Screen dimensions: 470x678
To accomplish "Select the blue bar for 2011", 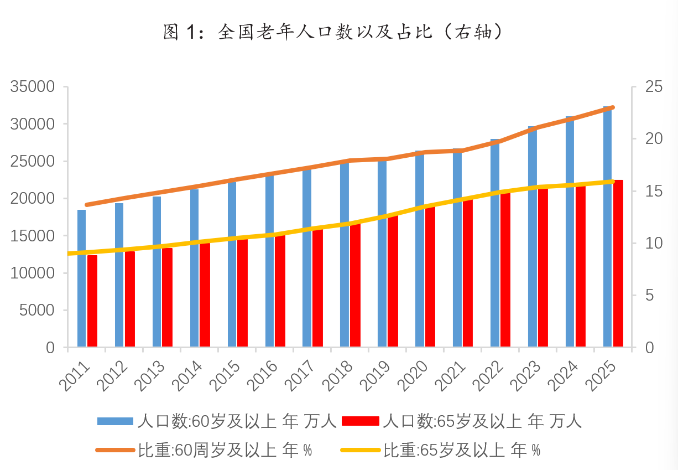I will point(82,278).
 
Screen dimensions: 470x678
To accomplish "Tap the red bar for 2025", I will point(618,264).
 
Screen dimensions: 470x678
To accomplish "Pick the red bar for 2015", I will point(242,293).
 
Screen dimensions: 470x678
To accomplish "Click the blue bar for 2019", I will point(382,253).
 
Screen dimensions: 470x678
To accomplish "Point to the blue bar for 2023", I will point(533,237).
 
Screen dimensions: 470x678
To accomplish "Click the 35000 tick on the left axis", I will point(34,87).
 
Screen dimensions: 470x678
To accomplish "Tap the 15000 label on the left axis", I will point(34,236).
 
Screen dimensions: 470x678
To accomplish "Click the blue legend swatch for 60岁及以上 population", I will point(115,421).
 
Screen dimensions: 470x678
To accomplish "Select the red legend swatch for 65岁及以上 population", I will point(361,421).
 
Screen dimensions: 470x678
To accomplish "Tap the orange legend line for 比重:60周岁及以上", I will point(115,450).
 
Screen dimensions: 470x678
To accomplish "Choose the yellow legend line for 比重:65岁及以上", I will point(361,450).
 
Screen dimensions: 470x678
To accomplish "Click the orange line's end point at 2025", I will point(613,107).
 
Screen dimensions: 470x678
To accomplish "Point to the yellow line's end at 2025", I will point(613,181).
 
